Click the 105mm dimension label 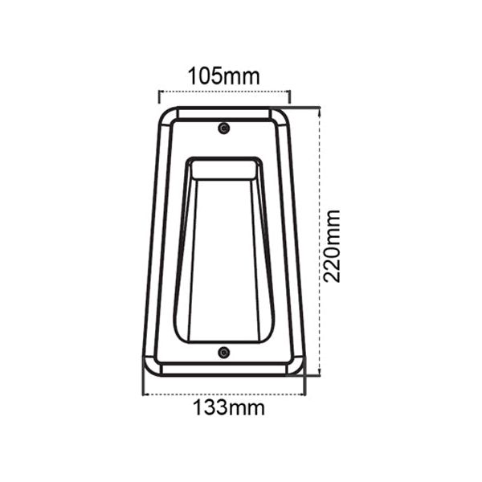click(224, 76)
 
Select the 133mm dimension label click(229, 407)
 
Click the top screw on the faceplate click(224, 129)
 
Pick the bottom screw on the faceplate click(224, 353)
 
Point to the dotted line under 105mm click(224, 92)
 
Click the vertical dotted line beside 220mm click(319, 241)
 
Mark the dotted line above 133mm click(224, 394)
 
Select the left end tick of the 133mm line click(143, 389)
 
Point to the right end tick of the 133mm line click(305, 389)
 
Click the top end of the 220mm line click(319, 107)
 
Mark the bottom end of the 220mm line click(319, 375)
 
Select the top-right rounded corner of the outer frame click(284, 115)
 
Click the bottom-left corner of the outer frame click(149, 368)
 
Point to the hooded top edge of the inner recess click(224, 165)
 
